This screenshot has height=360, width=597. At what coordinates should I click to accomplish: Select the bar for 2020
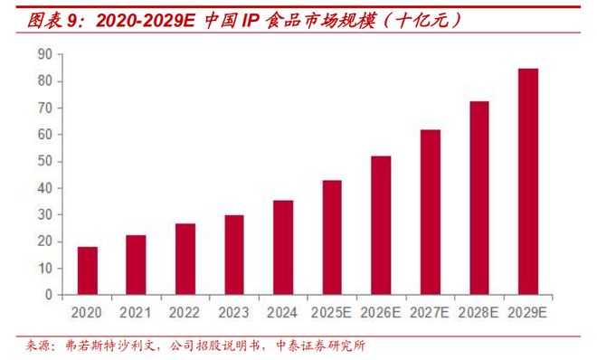(x=88, y=270)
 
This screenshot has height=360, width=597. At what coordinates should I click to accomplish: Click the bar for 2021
(x=137, y=265)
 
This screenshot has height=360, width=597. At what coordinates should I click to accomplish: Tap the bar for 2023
(x=234, y=254)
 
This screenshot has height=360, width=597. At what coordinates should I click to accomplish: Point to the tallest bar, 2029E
(x=528, y=181)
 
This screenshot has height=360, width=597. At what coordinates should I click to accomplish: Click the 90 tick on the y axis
(x=44, y=54)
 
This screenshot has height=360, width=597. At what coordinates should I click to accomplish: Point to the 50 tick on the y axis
(x=44, y=161)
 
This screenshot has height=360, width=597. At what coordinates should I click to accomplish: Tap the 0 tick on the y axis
(x=48, y=295)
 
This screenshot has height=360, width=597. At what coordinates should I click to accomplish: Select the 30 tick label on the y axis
(x=44, y=214)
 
